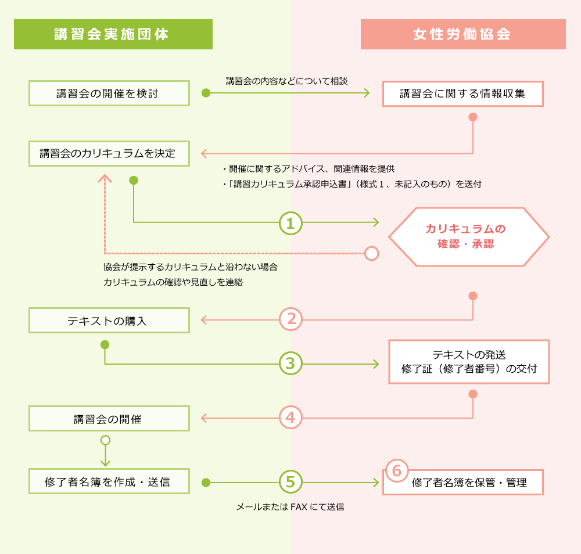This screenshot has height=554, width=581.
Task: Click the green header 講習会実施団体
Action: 113,34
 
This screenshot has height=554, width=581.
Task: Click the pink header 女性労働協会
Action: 463,34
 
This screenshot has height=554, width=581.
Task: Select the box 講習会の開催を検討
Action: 109,93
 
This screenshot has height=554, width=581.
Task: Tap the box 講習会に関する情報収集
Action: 462,93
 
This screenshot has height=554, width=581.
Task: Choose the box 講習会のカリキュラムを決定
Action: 109,154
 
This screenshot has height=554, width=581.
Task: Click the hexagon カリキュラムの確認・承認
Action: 468,236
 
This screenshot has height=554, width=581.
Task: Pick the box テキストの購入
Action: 109,321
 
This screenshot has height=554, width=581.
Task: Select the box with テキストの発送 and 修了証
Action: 468,361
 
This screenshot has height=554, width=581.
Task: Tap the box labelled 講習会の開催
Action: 109,418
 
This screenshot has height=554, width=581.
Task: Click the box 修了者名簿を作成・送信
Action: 109,481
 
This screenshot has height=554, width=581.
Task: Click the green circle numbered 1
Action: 290,222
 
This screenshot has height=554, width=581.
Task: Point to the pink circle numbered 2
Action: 290,319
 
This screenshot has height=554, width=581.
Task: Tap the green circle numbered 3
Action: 290,364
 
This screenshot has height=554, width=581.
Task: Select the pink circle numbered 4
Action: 290,418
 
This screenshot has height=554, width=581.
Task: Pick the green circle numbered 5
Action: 290,481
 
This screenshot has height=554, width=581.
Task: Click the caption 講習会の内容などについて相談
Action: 286,81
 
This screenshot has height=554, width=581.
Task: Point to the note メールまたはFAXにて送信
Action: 290,507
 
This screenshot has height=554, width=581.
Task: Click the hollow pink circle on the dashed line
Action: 371,253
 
